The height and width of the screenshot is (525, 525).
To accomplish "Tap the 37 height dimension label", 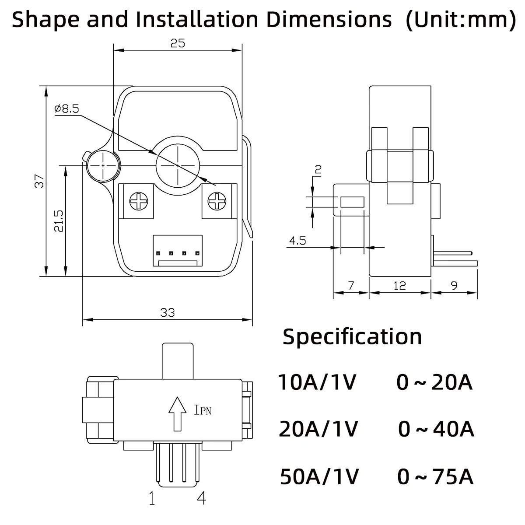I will (40, 181).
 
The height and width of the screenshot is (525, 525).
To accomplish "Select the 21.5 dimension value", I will (59, 220).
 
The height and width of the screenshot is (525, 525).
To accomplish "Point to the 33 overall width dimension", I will (168, 312).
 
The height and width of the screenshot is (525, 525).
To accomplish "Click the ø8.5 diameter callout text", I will (67, 109).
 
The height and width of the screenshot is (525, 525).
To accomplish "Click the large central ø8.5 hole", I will (178, 166).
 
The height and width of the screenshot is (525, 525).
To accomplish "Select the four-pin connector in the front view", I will (178, 251).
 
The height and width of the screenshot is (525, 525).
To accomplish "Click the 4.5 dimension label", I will (297, 241).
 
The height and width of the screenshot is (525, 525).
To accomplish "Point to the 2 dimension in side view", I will (318, 170).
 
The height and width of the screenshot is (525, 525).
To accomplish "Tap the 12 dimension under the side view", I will (399, 286).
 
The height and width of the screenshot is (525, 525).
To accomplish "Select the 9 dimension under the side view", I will (454, 286).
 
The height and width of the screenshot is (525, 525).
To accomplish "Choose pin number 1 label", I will (152, 498).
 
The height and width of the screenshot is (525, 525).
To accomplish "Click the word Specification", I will (352, 336).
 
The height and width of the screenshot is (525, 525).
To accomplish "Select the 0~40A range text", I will (436, 429).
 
